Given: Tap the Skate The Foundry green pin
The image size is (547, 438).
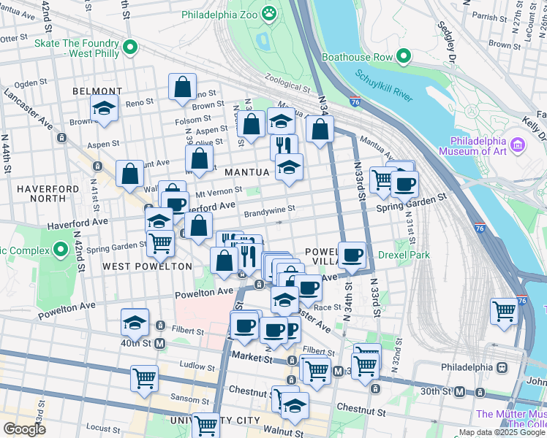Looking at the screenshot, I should coord(130,48).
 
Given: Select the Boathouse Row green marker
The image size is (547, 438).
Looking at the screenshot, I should coord(402,55).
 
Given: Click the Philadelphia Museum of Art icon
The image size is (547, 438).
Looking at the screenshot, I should coord(518,145).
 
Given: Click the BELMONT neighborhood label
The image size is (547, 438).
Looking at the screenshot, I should coord(97,91).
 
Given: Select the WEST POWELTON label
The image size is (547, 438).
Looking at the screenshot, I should coord(147,266).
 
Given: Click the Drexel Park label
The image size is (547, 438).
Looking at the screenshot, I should coord(404,255).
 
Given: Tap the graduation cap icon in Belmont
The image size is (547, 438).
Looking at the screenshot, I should coord(105,109).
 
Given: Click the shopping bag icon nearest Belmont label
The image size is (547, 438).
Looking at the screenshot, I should coord(182,87).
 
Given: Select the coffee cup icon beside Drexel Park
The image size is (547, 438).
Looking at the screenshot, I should coord(352,255).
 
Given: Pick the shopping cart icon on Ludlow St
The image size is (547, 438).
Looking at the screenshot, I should coord(144,378).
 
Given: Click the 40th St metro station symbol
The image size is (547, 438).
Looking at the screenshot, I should coord(159,343).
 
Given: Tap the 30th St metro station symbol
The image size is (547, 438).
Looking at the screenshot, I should coord(459,392).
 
